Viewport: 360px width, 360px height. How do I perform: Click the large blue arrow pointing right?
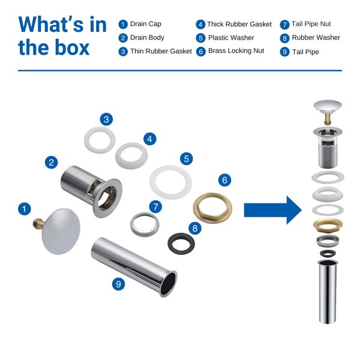point(273,210)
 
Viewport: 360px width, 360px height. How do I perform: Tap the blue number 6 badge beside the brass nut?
point(224,180)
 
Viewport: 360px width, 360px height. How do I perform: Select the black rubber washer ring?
point(181,244)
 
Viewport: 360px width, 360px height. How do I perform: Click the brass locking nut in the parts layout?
point(212,208)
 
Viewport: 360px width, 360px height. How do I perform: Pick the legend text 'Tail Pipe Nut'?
point(311,24)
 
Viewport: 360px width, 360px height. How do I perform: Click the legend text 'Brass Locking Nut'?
point(236,51)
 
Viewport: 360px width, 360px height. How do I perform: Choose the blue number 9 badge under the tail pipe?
point(118,284)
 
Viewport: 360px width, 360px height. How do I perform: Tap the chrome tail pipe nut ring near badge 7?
point(145,224)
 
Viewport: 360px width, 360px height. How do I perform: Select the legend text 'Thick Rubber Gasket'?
point(239,24)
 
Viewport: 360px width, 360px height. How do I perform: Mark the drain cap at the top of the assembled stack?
point(328,112)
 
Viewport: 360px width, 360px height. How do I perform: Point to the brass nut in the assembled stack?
point(328,225)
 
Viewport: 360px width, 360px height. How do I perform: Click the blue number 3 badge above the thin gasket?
point(106,119)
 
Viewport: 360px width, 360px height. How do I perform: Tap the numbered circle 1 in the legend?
point(123,24)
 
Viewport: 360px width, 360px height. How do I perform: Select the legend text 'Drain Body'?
point(147,37)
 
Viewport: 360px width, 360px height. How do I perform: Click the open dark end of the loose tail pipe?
point(169,283)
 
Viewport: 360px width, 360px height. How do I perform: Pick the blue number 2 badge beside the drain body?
point(51,163)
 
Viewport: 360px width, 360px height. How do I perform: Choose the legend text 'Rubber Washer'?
point(316,37)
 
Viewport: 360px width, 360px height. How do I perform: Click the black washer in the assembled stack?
point(328,253)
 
